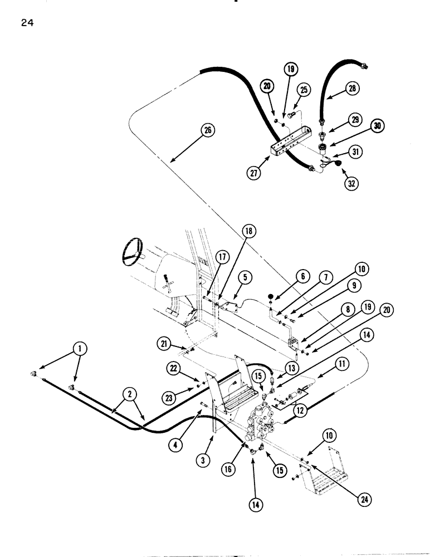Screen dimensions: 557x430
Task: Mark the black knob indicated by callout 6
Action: click(x=270, y=296)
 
